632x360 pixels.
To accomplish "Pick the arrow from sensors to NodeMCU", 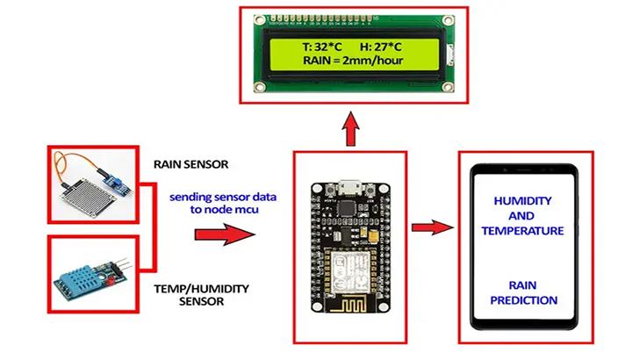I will (222, 235).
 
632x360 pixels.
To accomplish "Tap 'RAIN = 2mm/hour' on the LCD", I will (351, 61).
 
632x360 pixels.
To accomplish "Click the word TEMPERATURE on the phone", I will (523, 231).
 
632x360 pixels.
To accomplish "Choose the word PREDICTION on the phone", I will (523, 301).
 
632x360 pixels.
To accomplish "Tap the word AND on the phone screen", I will (523, 215).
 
